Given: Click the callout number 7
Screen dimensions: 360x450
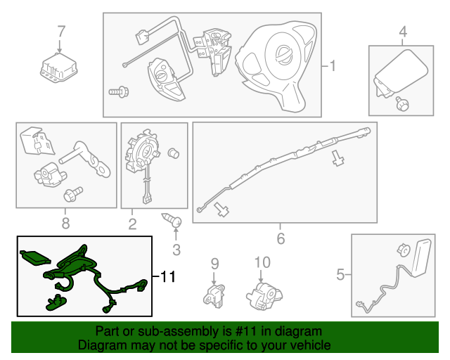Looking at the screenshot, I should [61, 32].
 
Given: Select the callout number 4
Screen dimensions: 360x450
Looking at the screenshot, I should [403, 32].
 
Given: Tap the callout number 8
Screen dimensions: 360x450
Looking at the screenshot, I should [65, 224].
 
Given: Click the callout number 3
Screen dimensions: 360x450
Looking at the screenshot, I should [176, 249].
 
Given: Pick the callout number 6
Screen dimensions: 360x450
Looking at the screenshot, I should [281, 239].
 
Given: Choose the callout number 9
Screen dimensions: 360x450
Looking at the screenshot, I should [215, 264].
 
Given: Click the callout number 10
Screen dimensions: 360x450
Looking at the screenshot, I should [262, 262].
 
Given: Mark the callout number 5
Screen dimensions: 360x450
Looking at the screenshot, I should [340, 274].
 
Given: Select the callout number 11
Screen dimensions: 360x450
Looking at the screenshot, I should [166, 277].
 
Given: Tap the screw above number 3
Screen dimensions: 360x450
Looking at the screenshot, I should [172, 222].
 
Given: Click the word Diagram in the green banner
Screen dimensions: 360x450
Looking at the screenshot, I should [102, 345].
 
